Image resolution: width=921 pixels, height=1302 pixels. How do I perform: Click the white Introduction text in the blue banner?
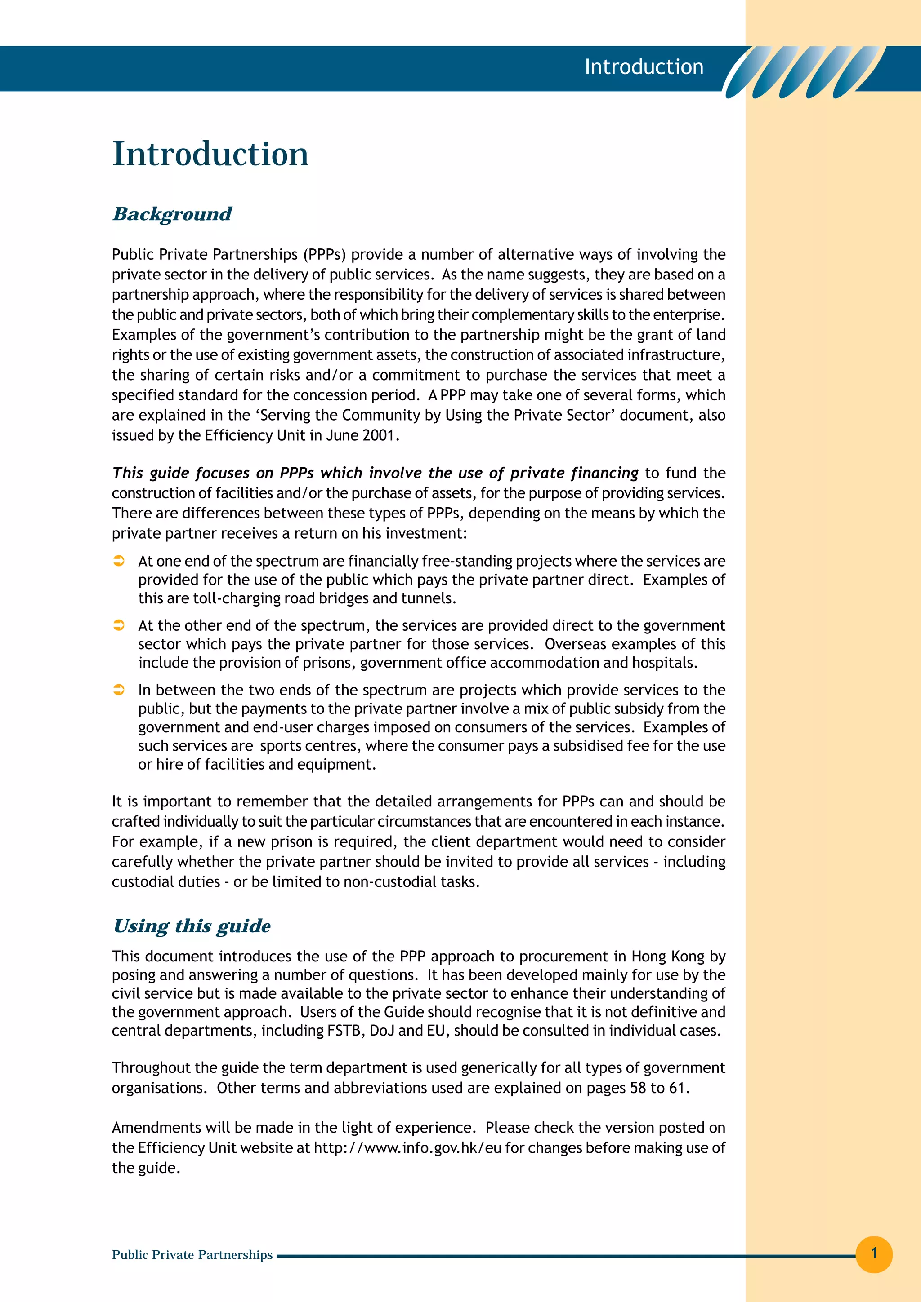644,67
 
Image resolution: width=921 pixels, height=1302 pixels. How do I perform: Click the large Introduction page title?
210,154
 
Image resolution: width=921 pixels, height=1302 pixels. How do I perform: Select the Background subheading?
172,214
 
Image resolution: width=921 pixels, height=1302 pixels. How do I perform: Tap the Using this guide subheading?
192,926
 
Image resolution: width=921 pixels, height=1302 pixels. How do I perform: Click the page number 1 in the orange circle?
873,1253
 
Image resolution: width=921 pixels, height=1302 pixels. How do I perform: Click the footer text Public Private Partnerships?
192,1254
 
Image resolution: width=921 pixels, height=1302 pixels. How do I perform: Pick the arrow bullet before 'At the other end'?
119,625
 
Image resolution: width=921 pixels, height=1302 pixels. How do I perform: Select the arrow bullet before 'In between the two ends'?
119,690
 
